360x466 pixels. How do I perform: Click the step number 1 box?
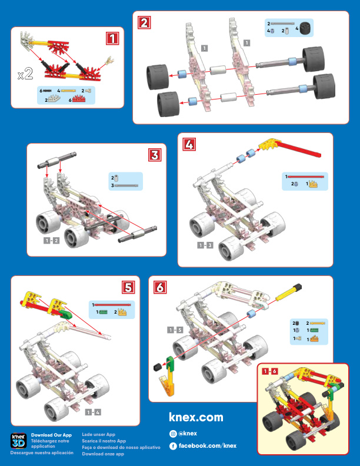(113, 39)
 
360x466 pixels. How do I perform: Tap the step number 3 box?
(154, 155)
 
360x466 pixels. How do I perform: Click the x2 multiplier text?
(25, 75)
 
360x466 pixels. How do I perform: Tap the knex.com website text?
(196, 417)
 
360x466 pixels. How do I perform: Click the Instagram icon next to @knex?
(173, 433)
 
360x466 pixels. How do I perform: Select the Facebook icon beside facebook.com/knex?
(173, 445)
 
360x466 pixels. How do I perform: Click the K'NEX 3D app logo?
(18, 441)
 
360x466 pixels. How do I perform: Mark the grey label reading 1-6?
(269, 371)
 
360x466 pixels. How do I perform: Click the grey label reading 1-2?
(51, 240)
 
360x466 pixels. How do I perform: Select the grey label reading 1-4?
(92, 411)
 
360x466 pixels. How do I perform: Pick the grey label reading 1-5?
(175, 329)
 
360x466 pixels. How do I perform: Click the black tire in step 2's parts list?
(305, 28)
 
